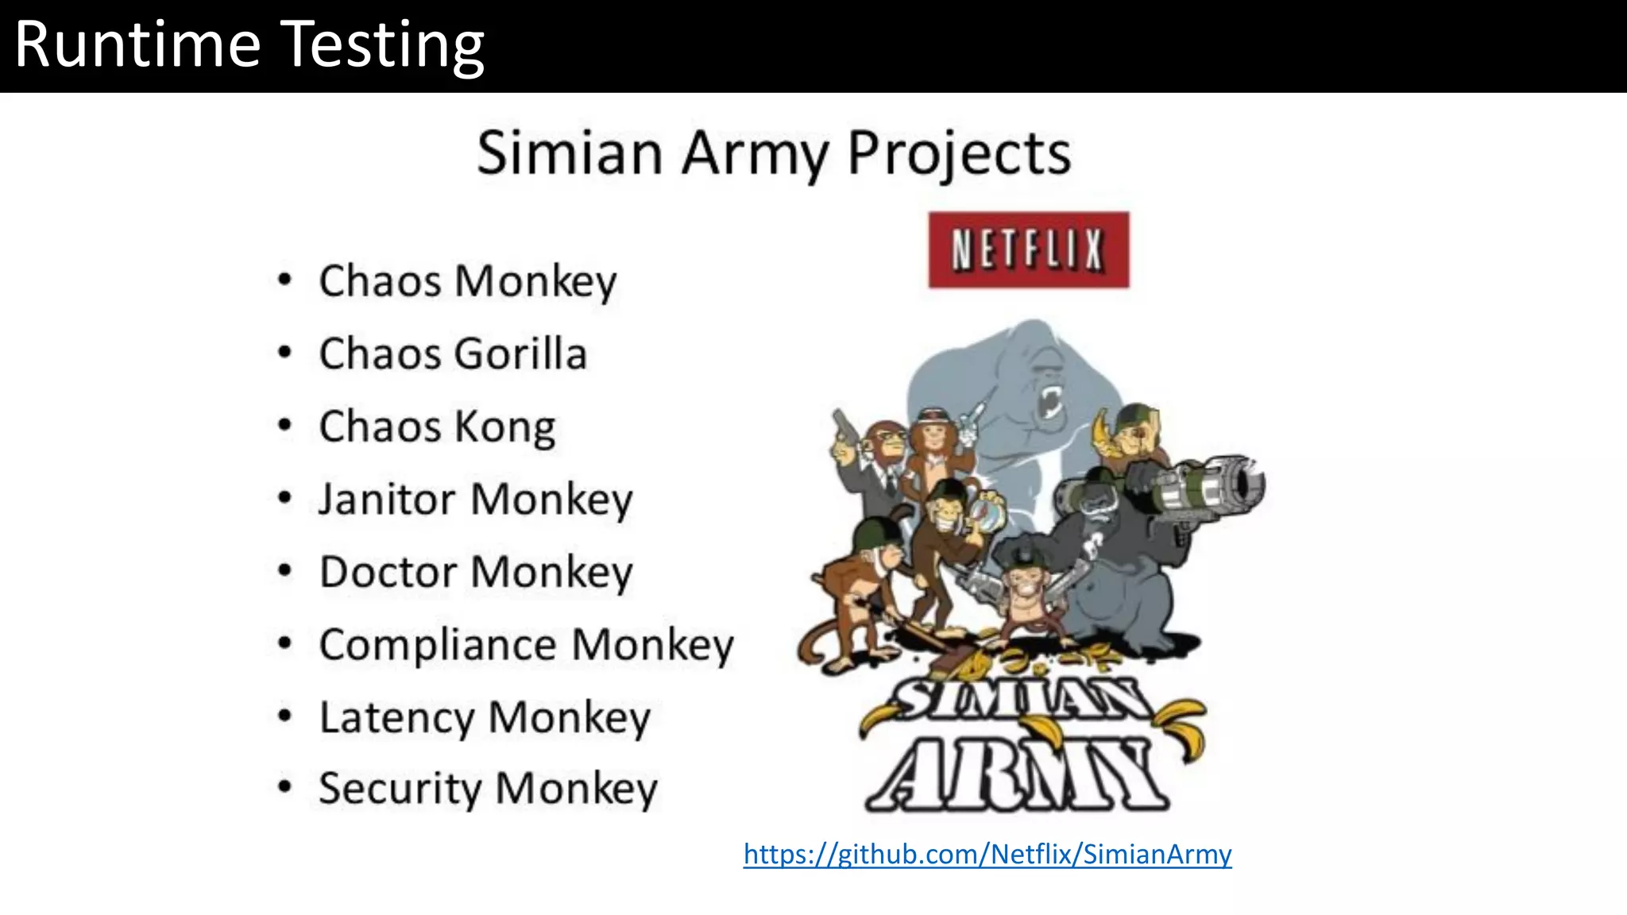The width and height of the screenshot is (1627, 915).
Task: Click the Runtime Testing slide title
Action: coord(249,44)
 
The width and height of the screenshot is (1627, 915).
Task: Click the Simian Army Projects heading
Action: coord(773,153)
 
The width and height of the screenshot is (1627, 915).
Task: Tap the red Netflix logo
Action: coord(1028,249)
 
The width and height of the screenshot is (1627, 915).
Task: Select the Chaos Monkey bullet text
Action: coord(467,281)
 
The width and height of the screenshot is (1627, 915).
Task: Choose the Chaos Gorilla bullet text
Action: coord(453,354)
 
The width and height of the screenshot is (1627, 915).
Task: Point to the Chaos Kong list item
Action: coord(437,427)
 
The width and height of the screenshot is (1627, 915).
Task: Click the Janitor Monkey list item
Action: coord(475,500)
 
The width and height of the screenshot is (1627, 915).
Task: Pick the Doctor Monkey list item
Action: coord(476,573)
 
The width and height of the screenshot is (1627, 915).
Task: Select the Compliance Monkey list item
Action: coord(526,645)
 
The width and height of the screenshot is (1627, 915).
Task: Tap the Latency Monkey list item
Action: coord(485,717)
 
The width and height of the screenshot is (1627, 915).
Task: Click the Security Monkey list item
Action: coord(488,789)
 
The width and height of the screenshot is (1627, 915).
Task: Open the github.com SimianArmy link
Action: coord(987,854)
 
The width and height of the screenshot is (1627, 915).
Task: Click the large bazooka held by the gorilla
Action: coord(1208,485)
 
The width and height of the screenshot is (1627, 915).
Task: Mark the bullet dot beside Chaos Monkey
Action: coord(284,280)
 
